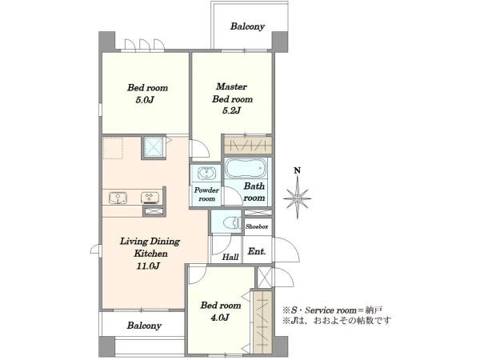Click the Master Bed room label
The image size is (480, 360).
coord(232,93)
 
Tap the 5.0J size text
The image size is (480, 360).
coord(144,101)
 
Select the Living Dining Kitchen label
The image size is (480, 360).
coord(150,247)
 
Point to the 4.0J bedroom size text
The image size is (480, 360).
coord(220,318)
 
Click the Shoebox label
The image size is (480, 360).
coord(257,227)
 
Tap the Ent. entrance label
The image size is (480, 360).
coord(257,252)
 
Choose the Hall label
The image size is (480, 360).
coord(230,257)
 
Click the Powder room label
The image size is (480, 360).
coord(206,194)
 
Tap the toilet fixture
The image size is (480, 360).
coord(232,222)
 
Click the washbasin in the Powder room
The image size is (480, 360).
coord(206,174)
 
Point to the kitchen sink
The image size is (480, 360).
coord(118,198)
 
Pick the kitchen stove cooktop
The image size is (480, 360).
coord(150,198)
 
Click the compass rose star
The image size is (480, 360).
coord(297,198)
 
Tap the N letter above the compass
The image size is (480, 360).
coord(297,170)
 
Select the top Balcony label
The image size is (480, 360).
coord(247,26)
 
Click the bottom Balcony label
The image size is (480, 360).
coord(144,326)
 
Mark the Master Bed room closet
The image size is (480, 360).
coord(248,145)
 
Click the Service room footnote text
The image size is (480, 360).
coord(333,310)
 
